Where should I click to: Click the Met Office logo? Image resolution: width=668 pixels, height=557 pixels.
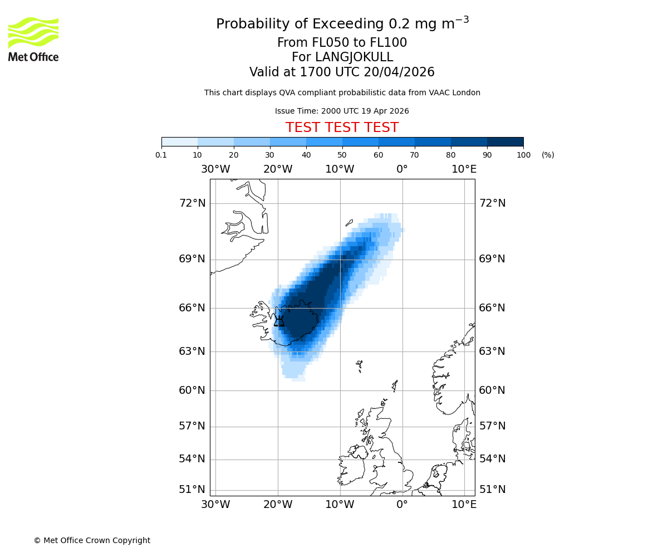point(33,39)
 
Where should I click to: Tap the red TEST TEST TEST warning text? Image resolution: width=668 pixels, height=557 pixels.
point(342,128)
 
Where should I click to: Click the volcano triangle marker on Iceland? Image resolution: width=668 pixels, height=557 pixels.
point(279,321)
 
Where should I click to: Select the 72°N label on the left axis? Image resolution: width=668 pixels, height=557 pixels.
point(192,203)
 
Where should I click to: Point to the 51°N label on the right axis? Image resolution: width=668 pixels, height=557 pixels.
point(492,490)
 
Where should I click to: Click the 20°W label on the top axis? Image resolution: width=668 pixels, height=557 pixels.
point(278,169)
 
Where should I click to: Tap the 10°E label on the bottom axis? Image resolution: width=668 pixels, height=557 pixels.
point(464,505)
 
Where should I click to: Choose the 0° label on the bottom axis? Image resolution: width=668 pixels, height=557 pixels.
point(402,505)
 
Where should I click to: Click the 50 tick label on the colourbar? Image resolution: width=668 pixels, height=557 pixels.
point(342,155)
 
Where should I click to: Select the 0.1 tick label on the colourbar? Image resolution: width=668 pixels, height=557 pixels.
point(161,155)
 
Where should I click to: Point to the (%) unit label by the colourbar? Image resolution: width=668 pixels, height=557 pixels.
point(548,155)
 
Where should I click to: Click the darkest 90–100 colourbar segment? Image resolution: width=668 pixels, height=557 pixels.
point(505,141)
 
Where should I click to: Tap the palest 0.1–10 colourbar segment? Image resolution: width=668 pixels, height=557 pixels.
point(179,141)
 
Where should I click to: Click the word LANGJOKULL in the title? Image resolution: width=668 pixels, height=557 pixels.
point(354,57)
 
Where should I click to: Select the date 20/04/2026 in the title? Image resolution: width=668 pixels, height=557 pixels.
point(399,72)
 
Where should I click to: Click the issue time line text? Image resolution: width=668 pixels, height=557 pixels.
point(342,111)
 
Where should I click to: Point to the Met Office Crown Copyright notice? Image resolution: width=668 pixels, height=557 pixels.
point(92,540)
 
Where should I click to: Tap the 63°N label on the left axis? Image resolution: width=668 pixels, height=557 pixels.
point(192,351)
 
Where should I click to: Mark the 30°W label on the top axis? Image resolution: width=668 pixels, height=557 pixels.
point(215,169)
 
